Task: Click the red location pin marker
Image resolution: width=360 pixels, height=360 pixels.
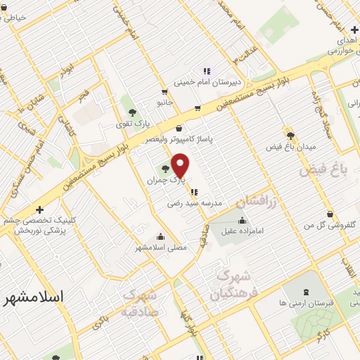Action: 181,165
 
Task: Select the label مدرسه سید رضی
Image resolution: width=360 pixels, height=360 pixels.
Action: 195,202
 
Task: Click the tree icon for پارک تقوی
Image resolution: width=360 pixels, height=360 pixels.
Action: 131,112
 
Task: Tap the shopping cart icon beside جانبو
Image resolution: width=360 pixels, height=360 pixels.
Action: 163,91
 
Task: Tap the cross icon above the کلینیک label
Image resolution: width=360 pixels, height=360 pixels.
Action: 39,210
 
